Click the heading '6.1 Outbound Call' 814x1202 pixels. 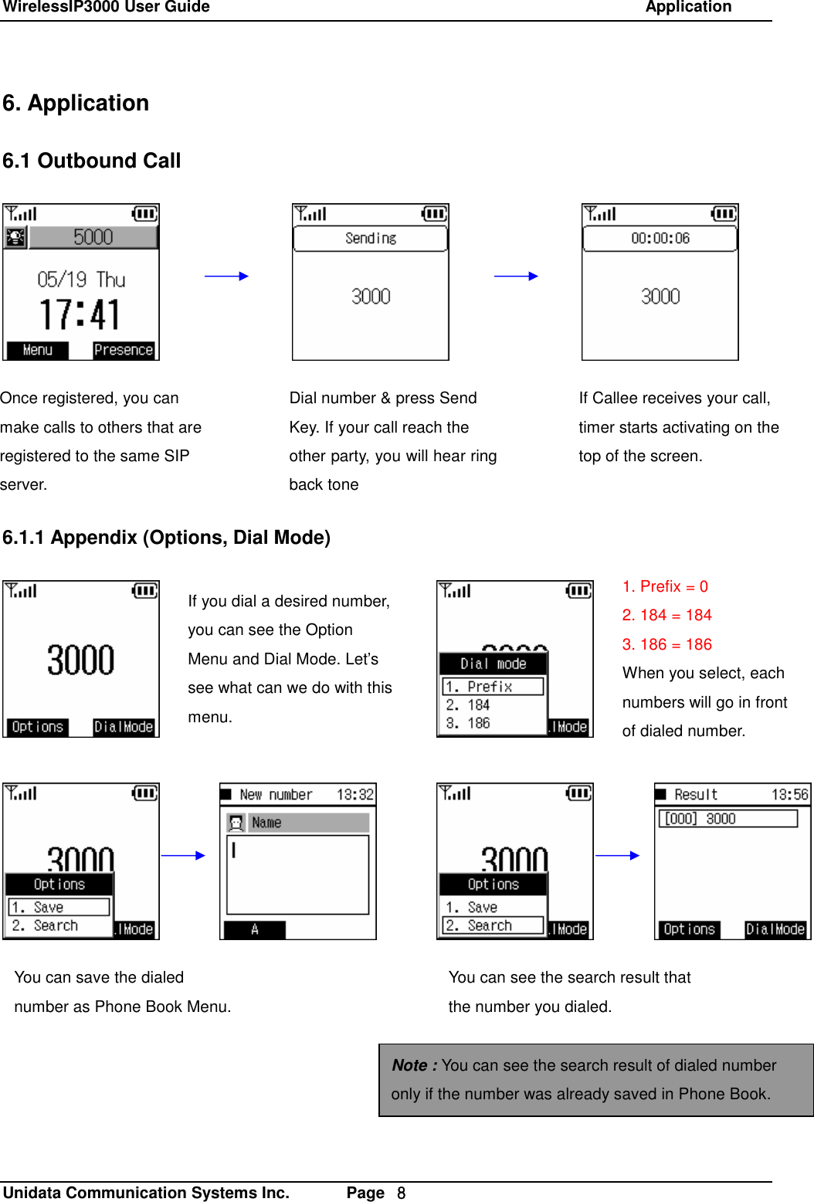pos(91,161)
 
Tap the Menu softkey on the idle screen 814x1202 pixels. pos(37,350)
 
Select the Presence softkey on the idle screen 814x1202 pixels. pos(124,350)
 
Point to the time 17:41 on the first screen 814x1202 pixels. pos(80,315)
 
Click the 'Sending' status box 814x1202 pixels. pos(371,239)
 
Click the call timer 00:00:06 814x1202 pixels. pos(660,239)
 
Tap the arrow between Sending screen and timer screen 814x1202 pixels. pos(516,276)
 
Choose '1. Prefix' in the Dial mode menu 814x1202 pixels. pos(492,687)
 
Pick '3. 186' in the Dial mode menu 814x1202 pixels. pos(468,723)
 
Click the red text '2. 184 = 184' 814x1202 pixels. pos(666,615)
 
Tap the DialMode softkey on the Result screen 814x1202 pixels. pos(775,929)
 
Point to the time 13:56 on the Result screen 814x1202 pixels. pos(789,795)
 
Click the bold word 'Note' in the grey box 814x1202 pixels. pos(409,1065)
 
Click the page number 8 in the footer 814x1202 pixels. pos(401,1194)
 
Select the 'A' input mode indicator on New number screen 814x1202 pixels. pos(255,929)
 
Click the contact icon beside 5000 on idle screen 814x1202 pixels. pos(15,238)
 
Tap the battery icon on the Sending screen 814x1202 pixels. pos(434,213)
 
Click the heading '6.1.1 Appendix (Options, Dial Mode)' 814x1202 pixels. pos(166,538)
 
